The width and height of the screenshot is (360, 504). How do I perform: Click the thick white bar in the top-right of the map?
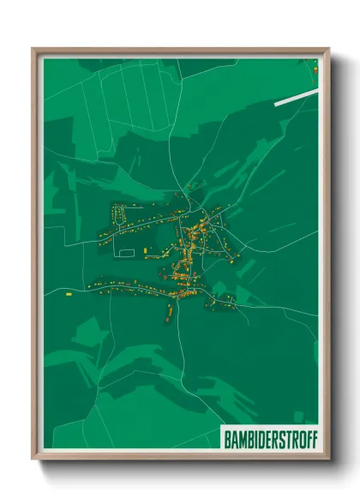[295, 97]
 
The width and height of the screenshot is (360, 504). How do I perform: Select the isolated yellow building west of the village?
[67, 293]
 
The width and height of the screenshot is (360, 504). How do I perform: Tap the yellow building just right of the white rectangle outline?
[146, 249]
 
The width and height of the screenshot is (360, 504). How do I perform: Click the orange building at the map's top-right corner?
[316, 69]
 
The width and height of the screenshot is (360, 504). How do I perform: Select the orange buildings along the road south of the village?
[171, 310]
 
